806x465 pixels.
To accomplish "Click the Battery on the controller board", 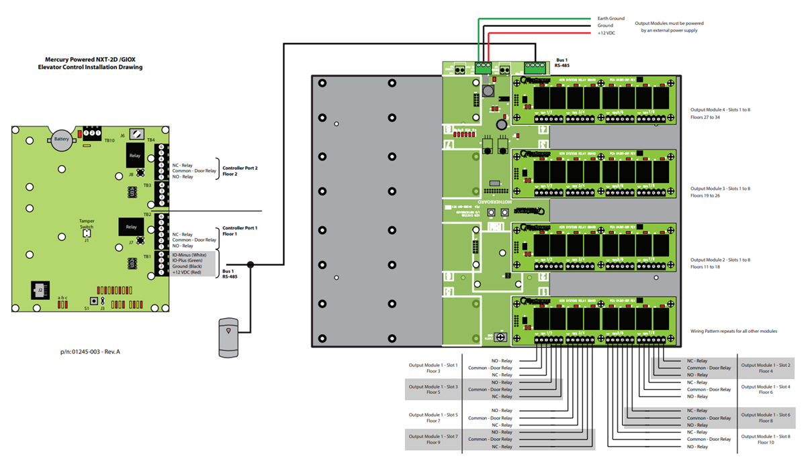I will (61, 140).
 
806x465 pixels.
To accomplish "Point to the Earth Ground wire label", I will (611, 18).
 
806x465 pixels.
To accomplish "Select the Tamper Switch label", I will (87, 223).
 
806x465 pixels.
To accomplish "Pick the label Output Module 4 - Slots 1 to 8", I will (720, 109).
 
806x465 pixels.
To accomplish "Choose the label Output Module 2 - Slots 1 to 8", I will (720, 260).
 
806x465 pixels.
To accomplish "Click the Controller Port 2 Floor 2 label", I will (240, 170).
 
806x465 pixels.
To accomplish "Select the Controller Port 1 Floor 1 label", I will (240, 231).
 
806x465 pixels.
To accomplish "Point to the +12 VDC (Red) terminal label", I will (187, 272).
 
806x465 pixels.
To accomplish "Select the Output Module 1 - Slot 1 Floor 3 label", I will (433, 368).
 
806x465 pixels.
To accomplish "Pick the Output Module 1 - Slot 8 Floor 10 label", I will (766, 440).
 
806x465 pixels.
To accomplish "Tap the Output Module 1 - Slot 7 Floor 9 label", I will (433, 440).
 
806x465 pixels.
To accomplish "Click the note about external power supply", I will (669, 27).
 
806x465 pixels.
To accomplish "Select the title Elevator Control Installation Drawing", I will (90, 67).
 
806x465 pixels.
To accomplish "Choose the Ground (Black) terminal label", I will (187, 266).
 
